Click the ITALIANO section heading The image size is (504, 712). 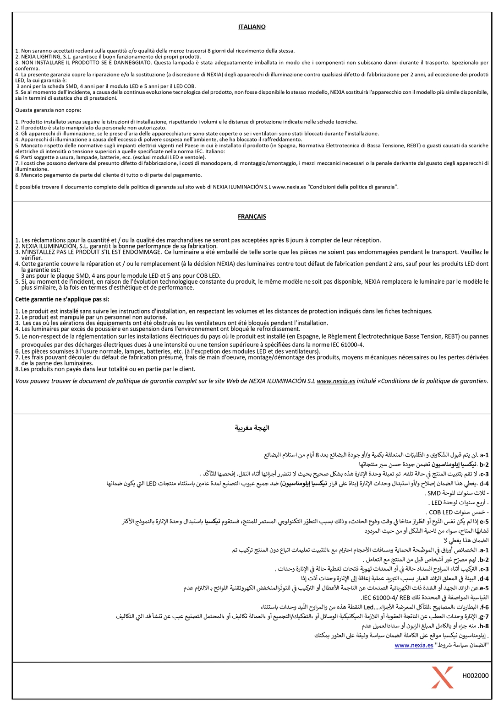pyautogui.click(x=252, y=27)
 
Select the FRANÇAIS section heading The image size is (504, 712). pyautogui.click(x=252, y=216)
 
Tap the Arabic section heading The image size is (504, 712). pyautogui.click(x=252, y=428)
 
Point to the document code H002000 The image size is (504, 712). pyautogui.click(x=475, y=676)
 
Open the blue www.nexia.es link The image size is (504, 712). pyautogui.click(x=414, y=645)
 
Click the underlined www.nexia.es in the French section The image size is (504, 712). pyautogui.click(x=335, y=381)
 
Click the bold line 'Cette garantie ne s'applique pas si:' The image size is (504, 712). pyautogui.click(x=62, y=299)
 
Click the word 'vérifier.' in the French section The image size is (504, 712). pyautogui.click(x=32, y=258)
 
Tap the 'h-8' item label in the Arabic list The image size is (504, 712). pyautogui.click(x=484, y=626)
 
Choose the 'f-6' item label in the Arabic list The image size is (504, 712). pyautogui.click(x=484, y=607)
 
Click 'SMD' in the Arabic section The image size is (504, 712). pyautogui.click(x=433, y=493)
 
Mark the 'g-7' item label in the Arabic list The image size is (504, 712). pyautogui.click(x=484, y=616)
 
